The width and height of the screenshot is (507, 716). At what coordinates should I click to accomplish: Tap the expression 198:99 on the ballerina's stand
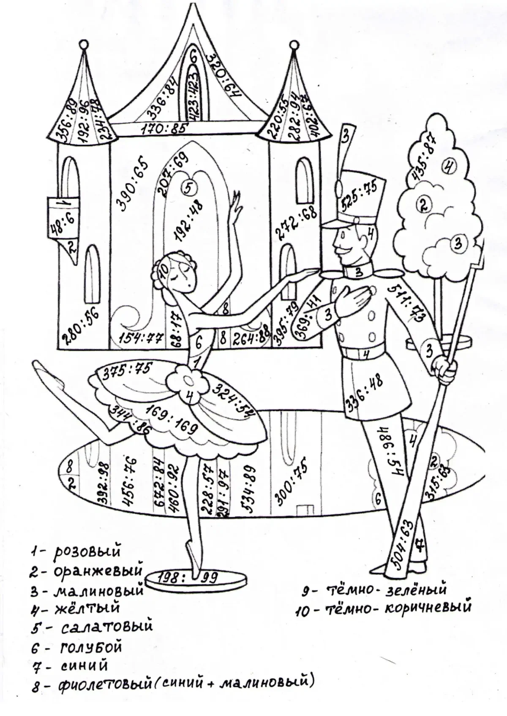point(186,577)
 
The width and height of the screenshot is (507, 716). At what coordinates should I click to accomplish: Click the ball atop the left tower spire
point(84,44)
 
